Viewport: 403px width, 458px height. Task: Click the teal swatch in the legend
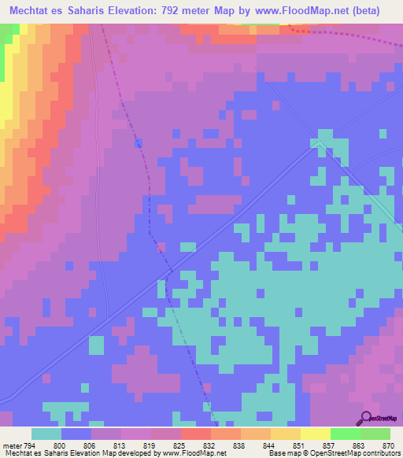tap(46, 434)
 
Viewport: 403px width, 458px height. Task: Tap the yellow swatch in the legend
tap(315, 434)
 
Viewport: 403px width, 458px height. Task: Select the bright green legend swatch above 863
tap(345, 434)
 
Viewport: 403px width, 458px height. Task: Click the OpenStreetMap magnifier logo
tap(367, 419)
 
